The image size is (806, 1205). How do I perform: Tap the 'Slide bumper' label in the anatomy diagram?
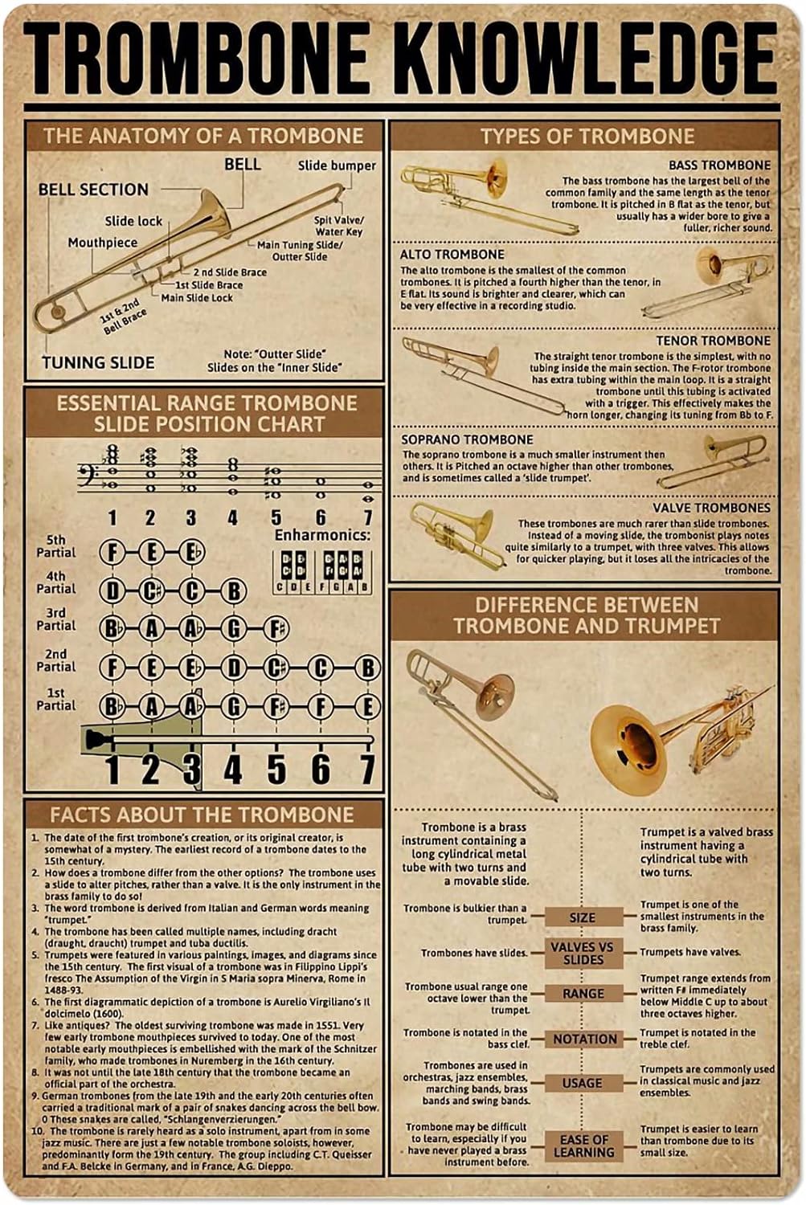pyautogui.click(x=337, y=165)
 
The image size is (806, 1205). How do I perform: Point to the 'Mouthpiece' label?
pyautogui.click(x=102, y=243)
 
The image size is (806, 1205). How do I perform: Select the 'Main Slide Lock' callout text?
pyautogui.click(x=197, y=297)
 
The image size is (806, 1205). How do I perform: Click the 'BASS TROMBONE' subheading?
pyautogui.click(x=719, y=165)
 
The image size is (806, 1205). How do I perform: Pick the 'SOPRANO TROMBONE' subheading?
pyautogui.click(x=467, y=439)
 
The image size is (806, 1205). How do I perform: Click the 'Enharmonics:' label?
pyautogui.click(x=322, y=535)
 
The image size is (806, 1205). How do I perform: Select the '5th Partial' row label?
pyautogui.click(x=55, y=546)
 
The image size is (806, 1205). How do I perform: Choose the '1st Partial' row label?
pyautogui.click(x=55, y=699)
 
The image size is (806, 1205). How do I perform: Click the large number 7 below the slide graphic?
pyautogui.click(x=367, y=769)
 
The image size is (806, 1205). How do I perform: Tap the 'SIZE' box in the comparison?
pyautogui.click(x=583, y=917)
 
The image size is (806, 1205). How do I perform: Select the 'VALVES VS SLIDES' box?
pyautogui.click(x=583, y=953)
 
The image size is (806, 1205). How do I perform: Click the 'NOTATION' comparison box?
pyautogui.click(x=585, y=1039)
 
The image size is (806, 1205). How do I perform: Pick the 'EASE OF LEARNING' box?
pyautogui.click(x=584, y=1146)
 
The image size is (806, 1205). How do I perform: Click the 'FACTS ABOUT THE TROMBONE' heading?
pyautogui.click(x=202, y=815)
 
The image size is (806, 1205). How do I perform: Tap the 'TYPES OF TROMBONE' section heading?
pyautogui.click(x=587, y=136)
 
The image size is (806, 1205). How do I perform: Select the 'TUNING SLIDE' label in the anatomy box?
pyautogui.click(x=98, y=362)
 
